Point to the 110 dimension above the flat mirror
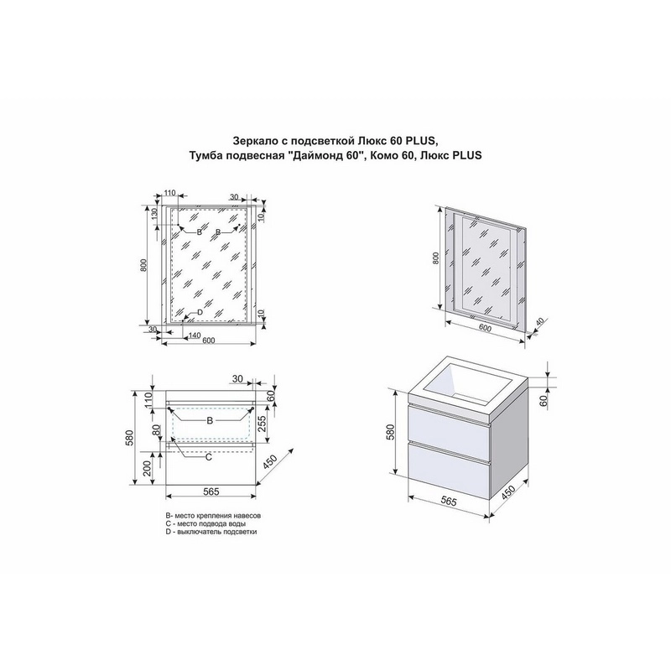[x=170, y=193]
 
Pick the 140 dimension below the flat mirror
[x=195, y=336]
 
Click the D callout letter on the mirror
[x=200, y=312]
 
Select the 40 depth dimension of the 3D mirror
[x=539, y=322]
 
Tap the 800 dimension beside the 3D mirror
[x=435, y=258]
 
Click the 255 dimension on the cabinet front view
[x=263, y=424]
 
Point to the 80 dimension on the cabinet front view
[x=157, y=429]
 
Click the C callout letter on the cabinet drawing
[x=208, y=457]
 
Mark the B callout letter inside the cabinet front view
[x=210, y=421]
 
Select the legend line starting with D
[x=211, y=532]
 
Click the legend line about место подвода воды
[x=205, y=523]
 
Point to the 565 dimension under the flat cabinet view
[x=211, y=492]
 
